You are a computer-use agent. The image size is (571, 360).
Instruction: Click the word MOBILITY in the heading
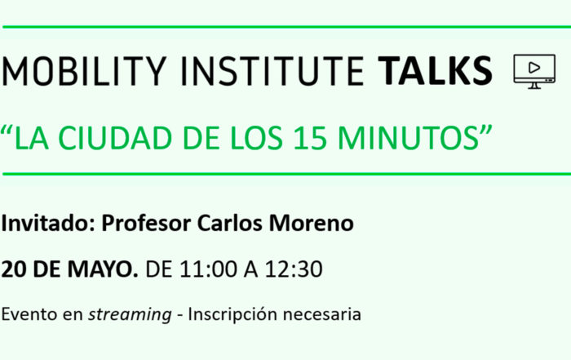pos(84,71)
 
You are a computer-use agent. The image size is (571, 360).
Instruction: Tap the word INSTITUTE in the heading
pos(272,71)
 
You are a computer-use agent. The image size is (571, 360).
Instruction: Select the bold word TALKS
pos(435,71)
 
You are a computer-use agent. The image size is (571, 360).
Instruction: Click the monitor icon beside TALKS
pos(534,71)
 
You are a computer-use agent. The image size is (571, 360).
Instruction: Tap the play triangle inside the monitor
pos(534,68)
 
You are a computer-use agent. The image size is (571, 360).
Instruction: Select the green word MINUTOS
pos(408,138)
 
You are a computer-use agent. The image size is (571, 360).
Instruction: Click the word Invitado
pos(48,223)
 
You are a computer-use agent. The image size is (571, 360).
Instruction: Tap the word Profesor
pos(146,223)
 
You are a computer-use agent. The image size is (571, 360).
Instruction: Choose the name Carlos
pos(229,223)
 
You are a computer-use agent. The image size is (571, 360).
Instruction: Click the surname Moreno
pos(312,223)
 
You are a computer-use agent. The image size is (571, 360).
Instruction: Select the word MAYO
pos(103,269)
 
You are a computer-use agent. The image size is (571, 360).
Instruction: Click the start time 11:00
pos(208,269)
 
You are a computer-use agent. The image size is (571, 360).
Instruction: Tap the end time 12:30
pos(294,269)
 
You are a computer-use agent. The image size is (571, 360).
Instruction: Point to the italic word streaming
pos(130,315)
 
